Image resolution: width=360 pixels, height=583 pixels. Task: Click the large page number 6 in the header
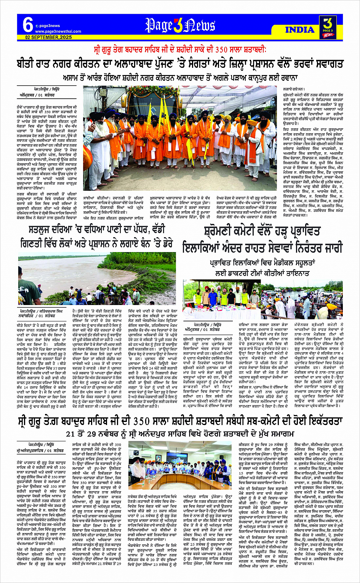coord(27,24)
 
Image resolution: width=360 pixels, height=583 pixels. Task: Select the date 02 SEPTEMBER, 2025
coord(48,37)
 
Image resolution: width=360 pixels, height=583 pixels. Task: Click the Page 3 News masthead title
coord(180,25)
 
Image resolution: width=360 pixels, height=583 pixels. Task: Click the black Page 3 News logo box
coord(327,27)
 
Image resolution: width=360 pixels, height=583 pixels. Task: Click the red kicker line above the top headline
coord(180,50)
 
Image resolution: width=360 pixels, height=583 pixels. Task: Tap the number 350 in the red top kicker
coord(223,50)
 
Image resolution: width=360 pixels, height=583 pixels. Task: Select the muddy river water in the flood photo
coord(76,267)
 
